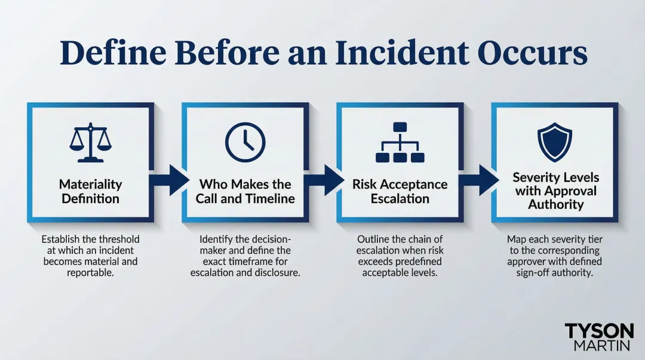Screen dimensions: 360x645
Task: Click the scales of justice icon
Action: (x=91, y=144)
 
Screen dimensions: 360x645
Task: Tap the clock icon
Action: (x=245, y=144)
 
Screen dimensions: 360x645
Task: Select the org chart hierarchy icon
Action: (x=400, y=143)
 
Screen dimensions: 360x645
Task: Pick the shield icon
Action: (x=555, y=140)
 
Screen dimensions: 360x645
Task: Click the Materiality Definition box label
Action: (x=91, y=191)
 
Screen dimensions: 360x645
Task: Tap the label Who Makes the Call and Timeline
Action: (x=245, y=191)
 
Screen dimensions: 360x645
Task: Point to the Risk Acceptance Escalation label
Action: (x=400, y=191)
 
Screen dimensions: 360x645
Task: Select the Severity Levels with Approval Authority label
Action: (x=555, y=190)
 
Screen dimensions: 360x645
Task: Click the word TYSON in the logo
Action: (x=599, y=331)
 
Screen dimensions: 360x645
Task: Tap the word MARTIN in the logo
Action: (x=599, y=346)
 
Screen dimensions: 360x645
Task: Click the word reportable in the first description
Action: (x=90, y=273)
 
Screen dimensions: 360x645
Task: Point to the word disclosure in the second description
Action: (x=275, y=273)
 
